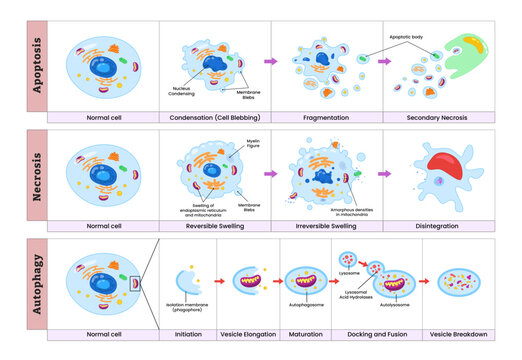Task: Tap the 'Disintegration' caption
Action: tap(439, 226)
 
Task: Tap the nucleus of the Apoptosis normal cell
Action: tap(102, 63)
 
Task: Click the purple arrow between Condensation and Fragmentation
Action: tap(269, 61)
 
